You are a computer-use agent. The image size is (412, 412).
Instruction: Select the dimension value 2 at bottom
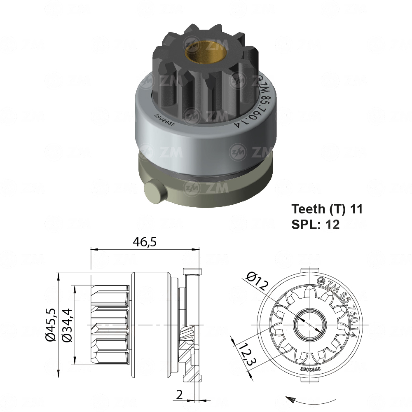(x=179, y=394)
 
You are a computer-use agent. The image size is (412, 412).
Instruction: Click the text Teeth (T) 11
(x=327, y=209)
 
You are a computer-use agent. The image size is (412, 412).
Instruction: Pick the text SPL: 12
(x=316, y=225)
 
